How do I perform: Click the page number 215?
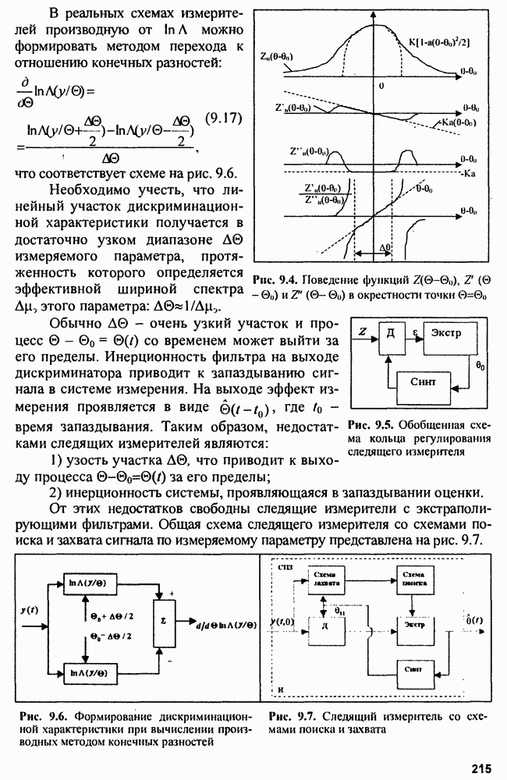point(480,768)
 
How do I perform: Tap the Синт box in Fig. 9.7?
point(414,668)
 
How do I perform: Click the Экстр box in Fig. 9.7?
point(416,625)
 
